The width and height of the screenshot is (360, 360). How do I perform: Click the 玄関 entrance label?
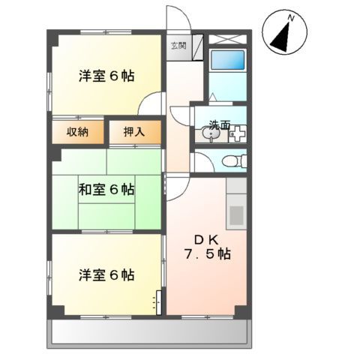pos(178,46)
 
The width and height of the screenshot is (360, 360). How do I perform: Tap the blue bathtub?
pos(227,60)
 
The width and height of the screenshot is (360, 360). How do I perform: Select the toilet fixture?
pos(235,160)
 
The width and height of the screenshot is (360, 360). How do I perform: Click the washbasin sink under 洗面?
pos(211,134)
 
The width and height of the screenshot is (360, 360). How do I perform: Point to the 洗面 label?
pos(220,124)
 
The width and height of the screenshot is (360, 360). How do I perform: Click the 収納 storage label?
pos(77,132)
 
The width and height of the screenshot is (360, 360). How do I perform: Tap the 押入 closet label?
pos(134,132)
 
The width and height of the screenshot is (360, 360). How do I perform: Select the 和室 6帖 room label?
pos(106,189)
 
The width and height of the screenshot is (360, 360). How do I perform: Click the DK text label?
pos(206,240)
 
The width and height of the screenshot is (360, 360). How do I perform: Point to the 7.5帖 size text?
pos(208,254)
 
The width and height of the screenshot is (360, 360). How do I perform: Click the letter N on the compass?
pos(291,18)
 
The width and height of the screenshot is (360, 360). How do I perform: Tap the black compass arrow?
pos(281,37)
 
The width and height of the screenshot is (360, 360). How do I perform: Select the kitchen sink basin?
pos(236,215)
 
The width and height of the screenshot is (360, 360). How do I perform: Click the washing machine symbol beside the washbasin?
pos(238,134)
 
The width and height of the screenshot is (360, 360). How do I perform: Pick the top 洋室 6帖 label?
pos(106,76)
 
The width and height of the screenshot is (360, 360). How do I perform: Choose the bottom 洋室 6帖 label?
pos(106,275)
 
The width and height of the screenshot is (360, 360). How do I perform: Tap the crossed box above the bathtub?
pos(227,39)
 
